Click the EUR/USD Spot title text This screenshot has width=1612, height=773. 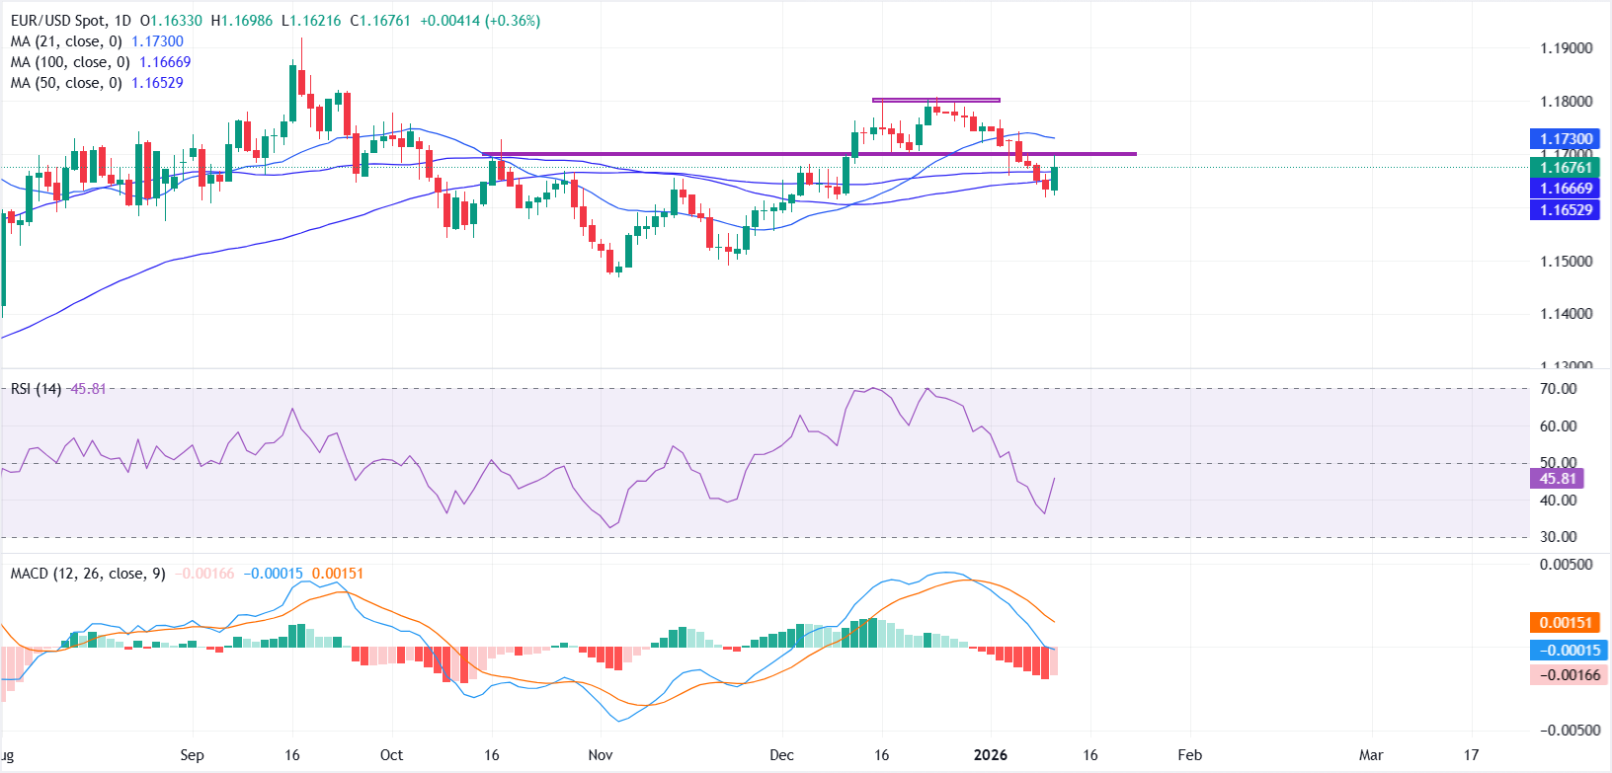(x=69, y=21)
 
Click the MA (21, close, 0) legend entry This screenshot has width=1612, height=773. (x=66, y=41)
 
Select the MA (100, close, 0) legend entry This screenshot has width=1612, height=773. (x=70, y=62)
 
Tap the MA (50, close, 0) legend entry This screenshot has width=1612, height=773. (x=66, y=83)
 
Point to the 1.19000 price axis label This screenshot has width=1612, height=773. (x=1567, y=48)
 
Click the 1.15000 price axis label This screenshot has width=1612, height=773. (x=1567, y=262)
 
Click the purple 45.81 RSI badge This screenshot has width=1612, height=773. (x=1557, y=479)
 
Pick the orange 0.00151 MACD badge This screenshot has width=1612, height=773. (x=1566, y=623)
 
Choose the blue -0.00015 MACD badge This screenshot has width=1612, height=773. (x=1568, y=651)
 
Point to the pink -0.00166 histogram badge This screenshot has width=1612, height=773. (x=1568, y=675)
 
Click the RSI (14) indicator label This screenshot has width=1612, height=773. (x=36, y=389)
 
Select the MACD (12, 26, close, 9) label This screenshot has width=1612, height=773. (x=88, y=574)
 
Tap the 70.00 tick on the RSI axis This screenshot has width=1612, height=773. (x=1559, y=389)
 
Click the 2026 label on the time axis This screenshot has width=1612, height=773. (x=990, y=755)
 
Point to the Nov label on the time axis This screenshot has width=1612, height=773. (x=601, y=755)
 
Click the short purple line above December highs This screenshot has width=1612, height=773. (x=935, y=100)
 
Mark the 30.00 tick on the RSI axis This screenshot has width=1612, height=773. (x=1559, y=537)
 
